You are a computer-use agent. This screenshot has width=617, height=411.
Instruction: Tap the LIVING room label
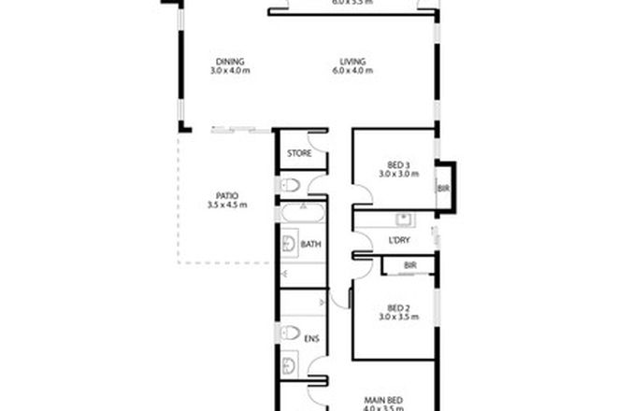[x=352, y=62]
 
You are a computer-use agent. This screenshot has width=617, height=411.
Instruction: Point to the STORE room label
[x=299, y=153]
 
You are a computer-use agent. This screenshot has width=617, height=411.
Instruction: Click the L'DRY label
[x=399, y=240]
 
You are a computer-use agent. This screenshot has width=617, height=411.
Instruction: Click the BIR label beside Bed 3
[x=442, y=188]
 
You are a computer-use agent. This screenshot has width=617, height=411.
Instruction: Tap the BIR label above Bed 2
[x=409, y=266]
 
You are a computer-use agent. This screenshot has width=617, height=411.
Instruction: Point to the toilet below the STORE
[x=291, y=183]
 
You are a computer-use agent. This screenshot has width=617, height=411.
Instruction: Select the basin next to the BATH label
[x=287, y=246]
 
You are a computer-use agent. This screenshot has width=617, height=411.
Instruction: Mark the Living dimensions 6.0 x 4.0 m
[x=352, y=72]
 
